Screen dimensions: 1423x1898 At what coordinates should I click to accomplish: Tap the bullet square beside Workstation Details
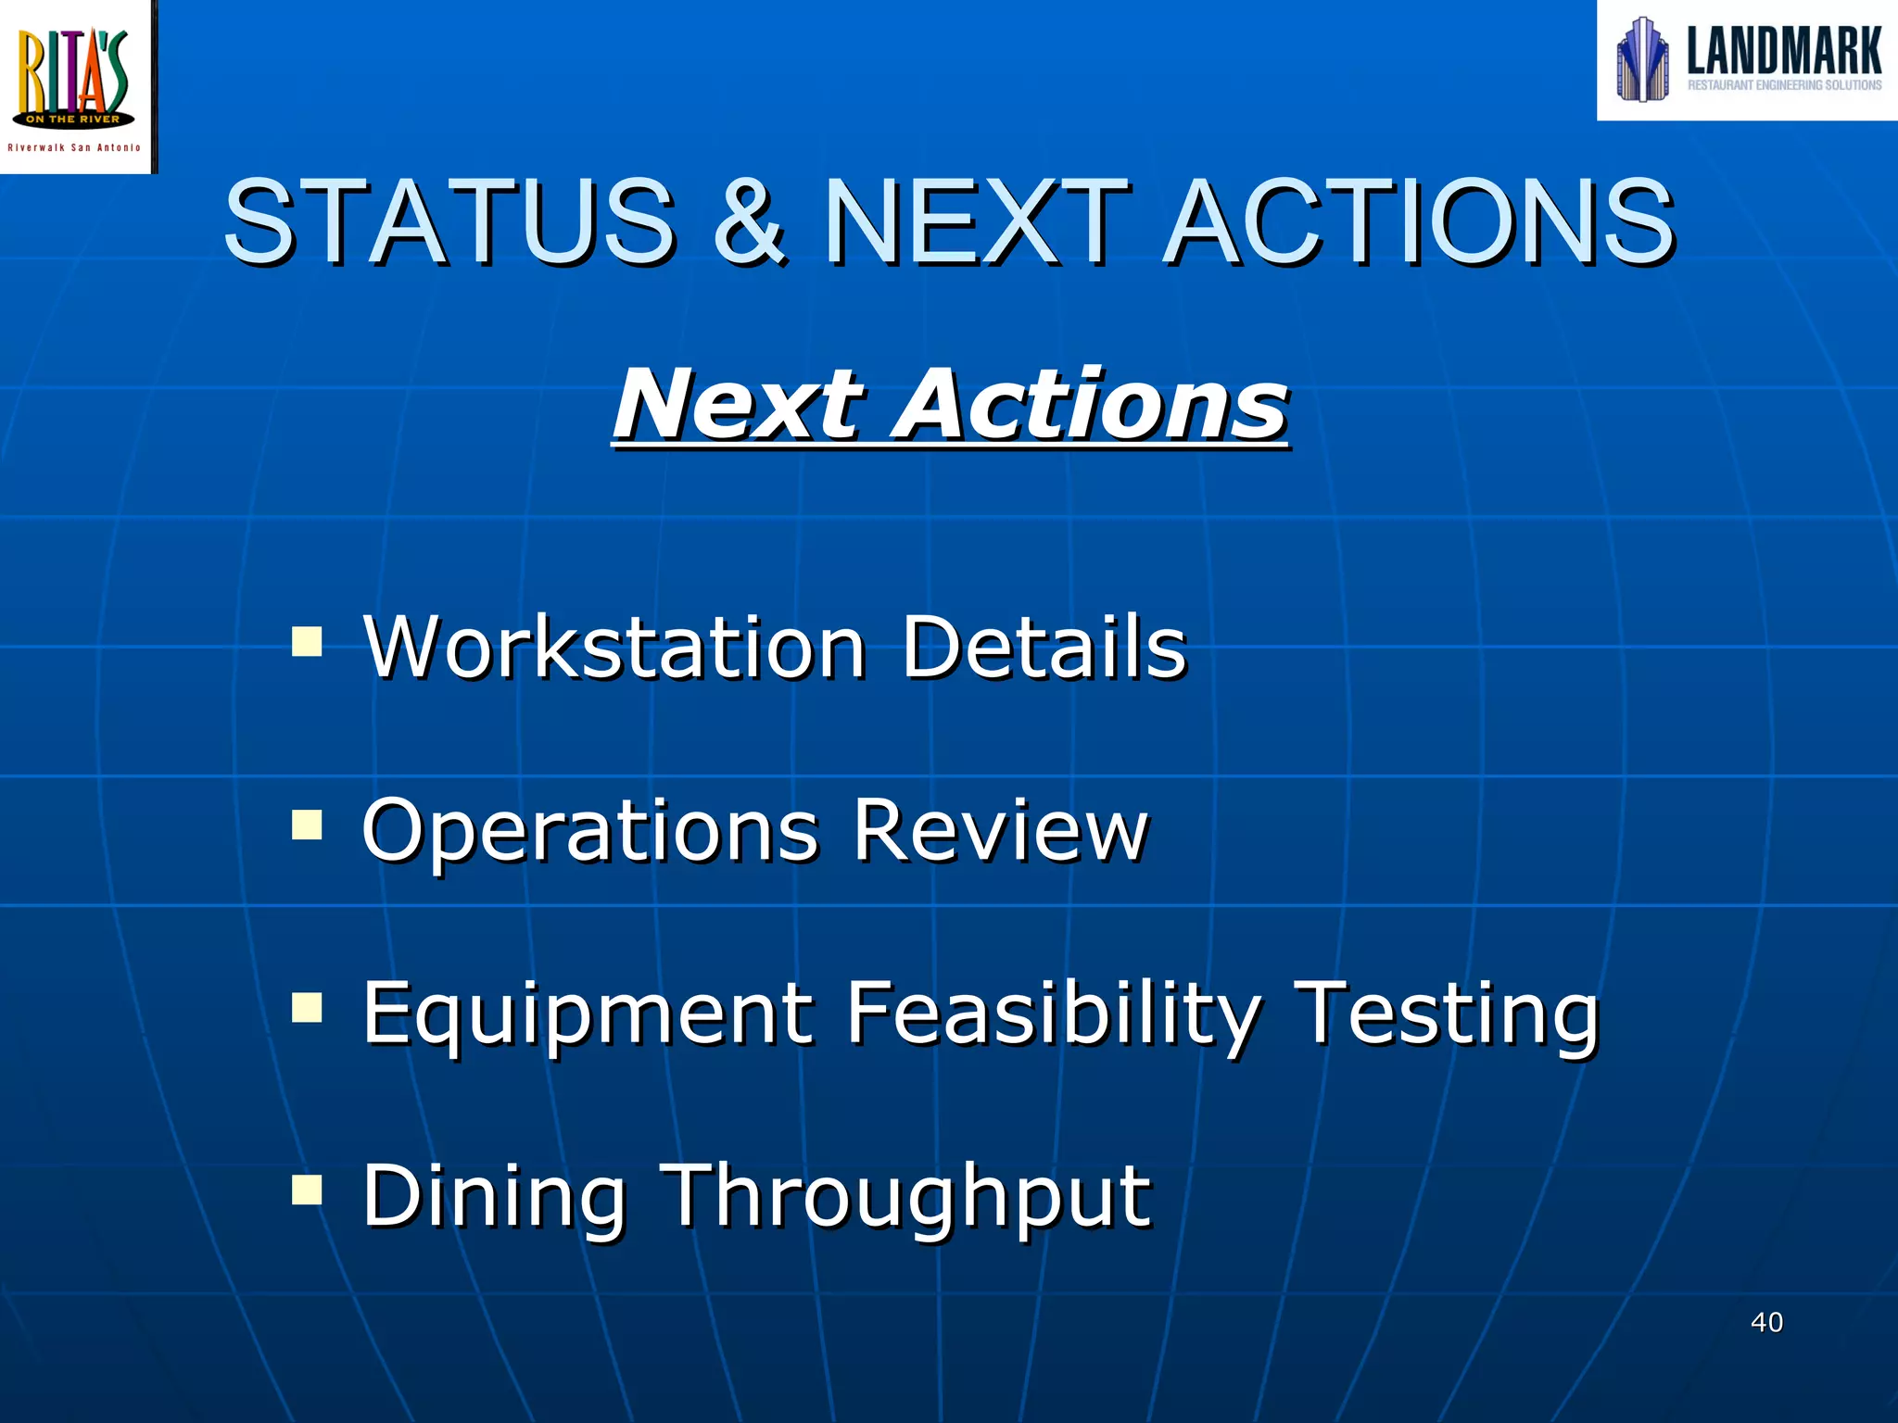tap(307, 641)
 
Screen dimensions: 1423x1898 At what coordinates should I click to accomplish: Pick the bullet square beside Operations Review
tap(307, 824)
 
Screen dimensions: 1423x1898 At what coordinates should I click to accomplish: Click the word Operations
tap(590, 832)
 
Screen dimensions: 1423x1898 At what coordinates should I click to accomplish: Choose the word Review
tap(1001, 830)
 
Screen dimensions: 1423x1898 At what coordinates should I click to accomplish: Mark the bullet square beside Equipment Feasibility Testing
tap(307, 1006)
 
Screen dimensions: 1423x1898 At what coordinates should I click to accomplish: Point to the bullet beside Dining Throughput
tap(307, 1189)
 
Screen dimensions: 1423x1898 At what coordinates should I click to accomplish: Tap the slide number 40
tap(1766, 1322)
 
